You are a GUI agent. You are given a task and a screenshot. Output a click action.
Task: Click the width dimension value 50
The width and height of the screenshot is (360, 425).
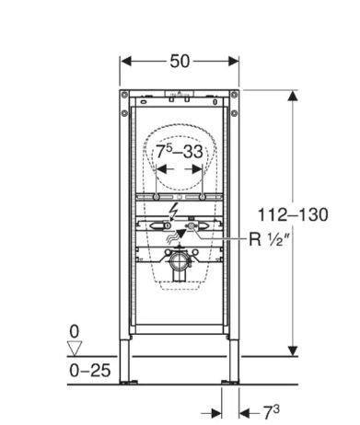click(x=180, y=61)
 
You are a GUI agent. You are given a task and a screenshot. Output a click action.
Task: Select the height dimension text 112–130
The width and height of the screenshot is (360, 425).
click(x=293, y=214)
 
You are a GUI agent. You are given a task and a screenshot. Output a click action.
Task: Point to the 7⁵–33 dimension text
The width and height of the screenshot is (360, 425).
click(x=180, y=151)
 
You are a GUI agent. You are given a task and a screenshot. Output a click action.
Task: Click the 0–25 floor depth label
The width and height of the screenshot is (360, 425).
click(x=89, y=371)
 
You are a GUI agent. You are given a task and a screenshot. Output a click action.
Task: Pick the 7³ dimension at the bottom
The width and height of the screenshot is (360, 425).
click(x=272, y=412)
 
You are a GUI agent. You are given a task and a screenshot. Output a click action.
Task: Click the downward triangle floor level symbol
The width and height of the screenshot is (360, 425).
click(x=75, y=348)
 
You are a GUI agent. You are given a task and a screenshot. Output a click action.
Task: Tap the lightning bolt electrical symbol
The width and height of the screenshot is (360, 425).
click(x=174, y=212)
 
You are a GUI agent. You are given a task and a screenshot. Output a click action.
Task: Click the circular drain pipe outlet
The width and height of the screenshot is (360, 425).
click(x=180, y=261)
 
